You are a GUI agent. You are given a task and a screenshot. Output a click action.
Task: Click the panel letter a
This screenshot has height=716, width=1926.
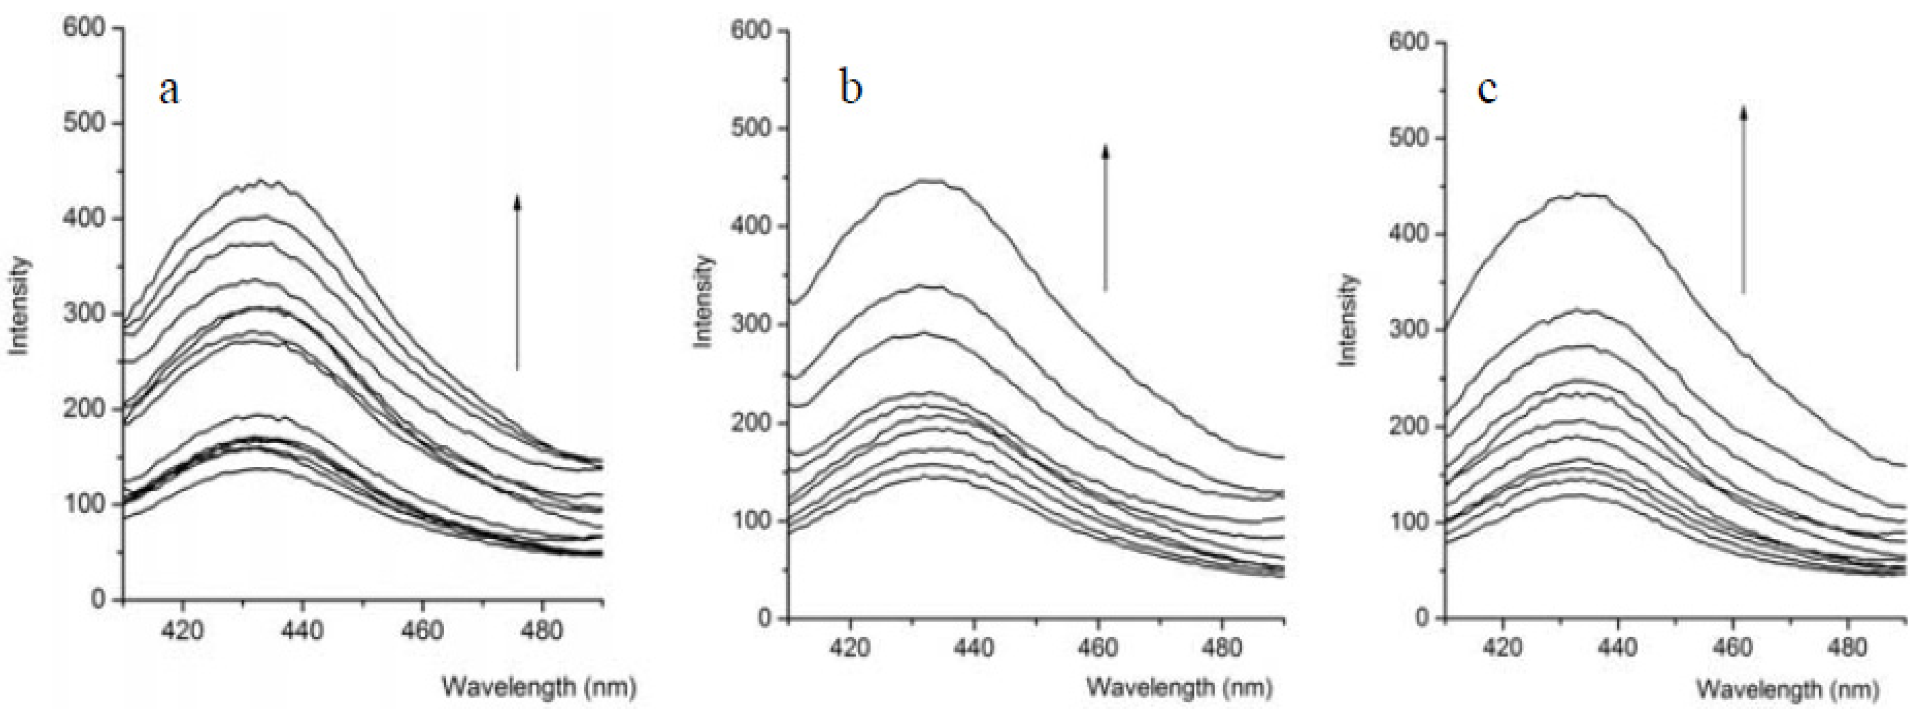pyautogui.click(x=170, y=91)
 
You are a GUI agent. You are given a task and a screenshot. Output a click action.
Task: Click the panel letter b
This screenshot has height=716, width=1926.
pyautogui.click(x=851, y=88)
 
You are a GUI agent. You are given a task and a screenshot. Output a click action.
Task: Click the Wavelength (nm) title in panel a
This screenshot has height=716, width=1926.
pyautogui.click(x=539, y=686)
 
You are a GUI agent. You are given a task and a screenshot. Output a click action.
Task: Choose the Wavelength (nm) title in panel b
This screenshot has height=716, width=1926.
pyautogui.click(x=1179, y=686)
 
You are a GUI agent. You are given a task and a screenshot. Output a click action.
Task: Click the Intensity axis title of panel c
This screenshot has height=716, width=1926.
pyautogui.click(x=1348, y=320)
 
